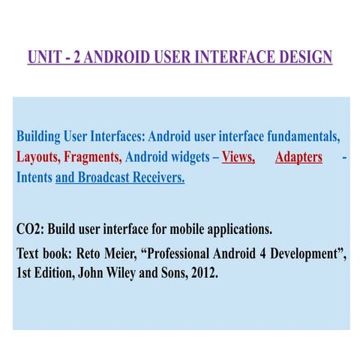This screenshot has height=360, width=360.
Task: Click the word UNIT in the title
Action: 44,57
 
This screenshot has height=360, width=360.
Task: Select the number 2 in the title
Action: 77,57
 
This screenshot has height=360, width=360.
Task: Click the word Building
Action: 38,136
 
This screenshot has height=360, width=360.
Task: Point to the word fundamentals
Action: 304,136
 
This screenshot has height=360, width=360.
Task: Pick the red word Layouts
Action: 38,157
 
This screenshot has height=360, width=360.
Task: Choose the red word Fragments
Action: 93,157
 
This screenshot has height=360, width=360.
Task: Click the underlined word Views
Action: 238,157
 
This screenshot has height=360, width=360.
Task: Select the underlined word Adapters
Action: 298,157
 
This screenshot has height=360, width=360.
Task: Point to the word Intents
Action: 34,177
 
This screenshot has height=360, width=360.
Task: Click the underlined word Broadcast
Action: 103,177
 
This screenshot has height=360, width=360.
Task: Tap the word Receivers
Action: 158,177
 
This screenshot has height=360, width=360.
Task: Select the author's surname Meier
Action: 121,253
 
